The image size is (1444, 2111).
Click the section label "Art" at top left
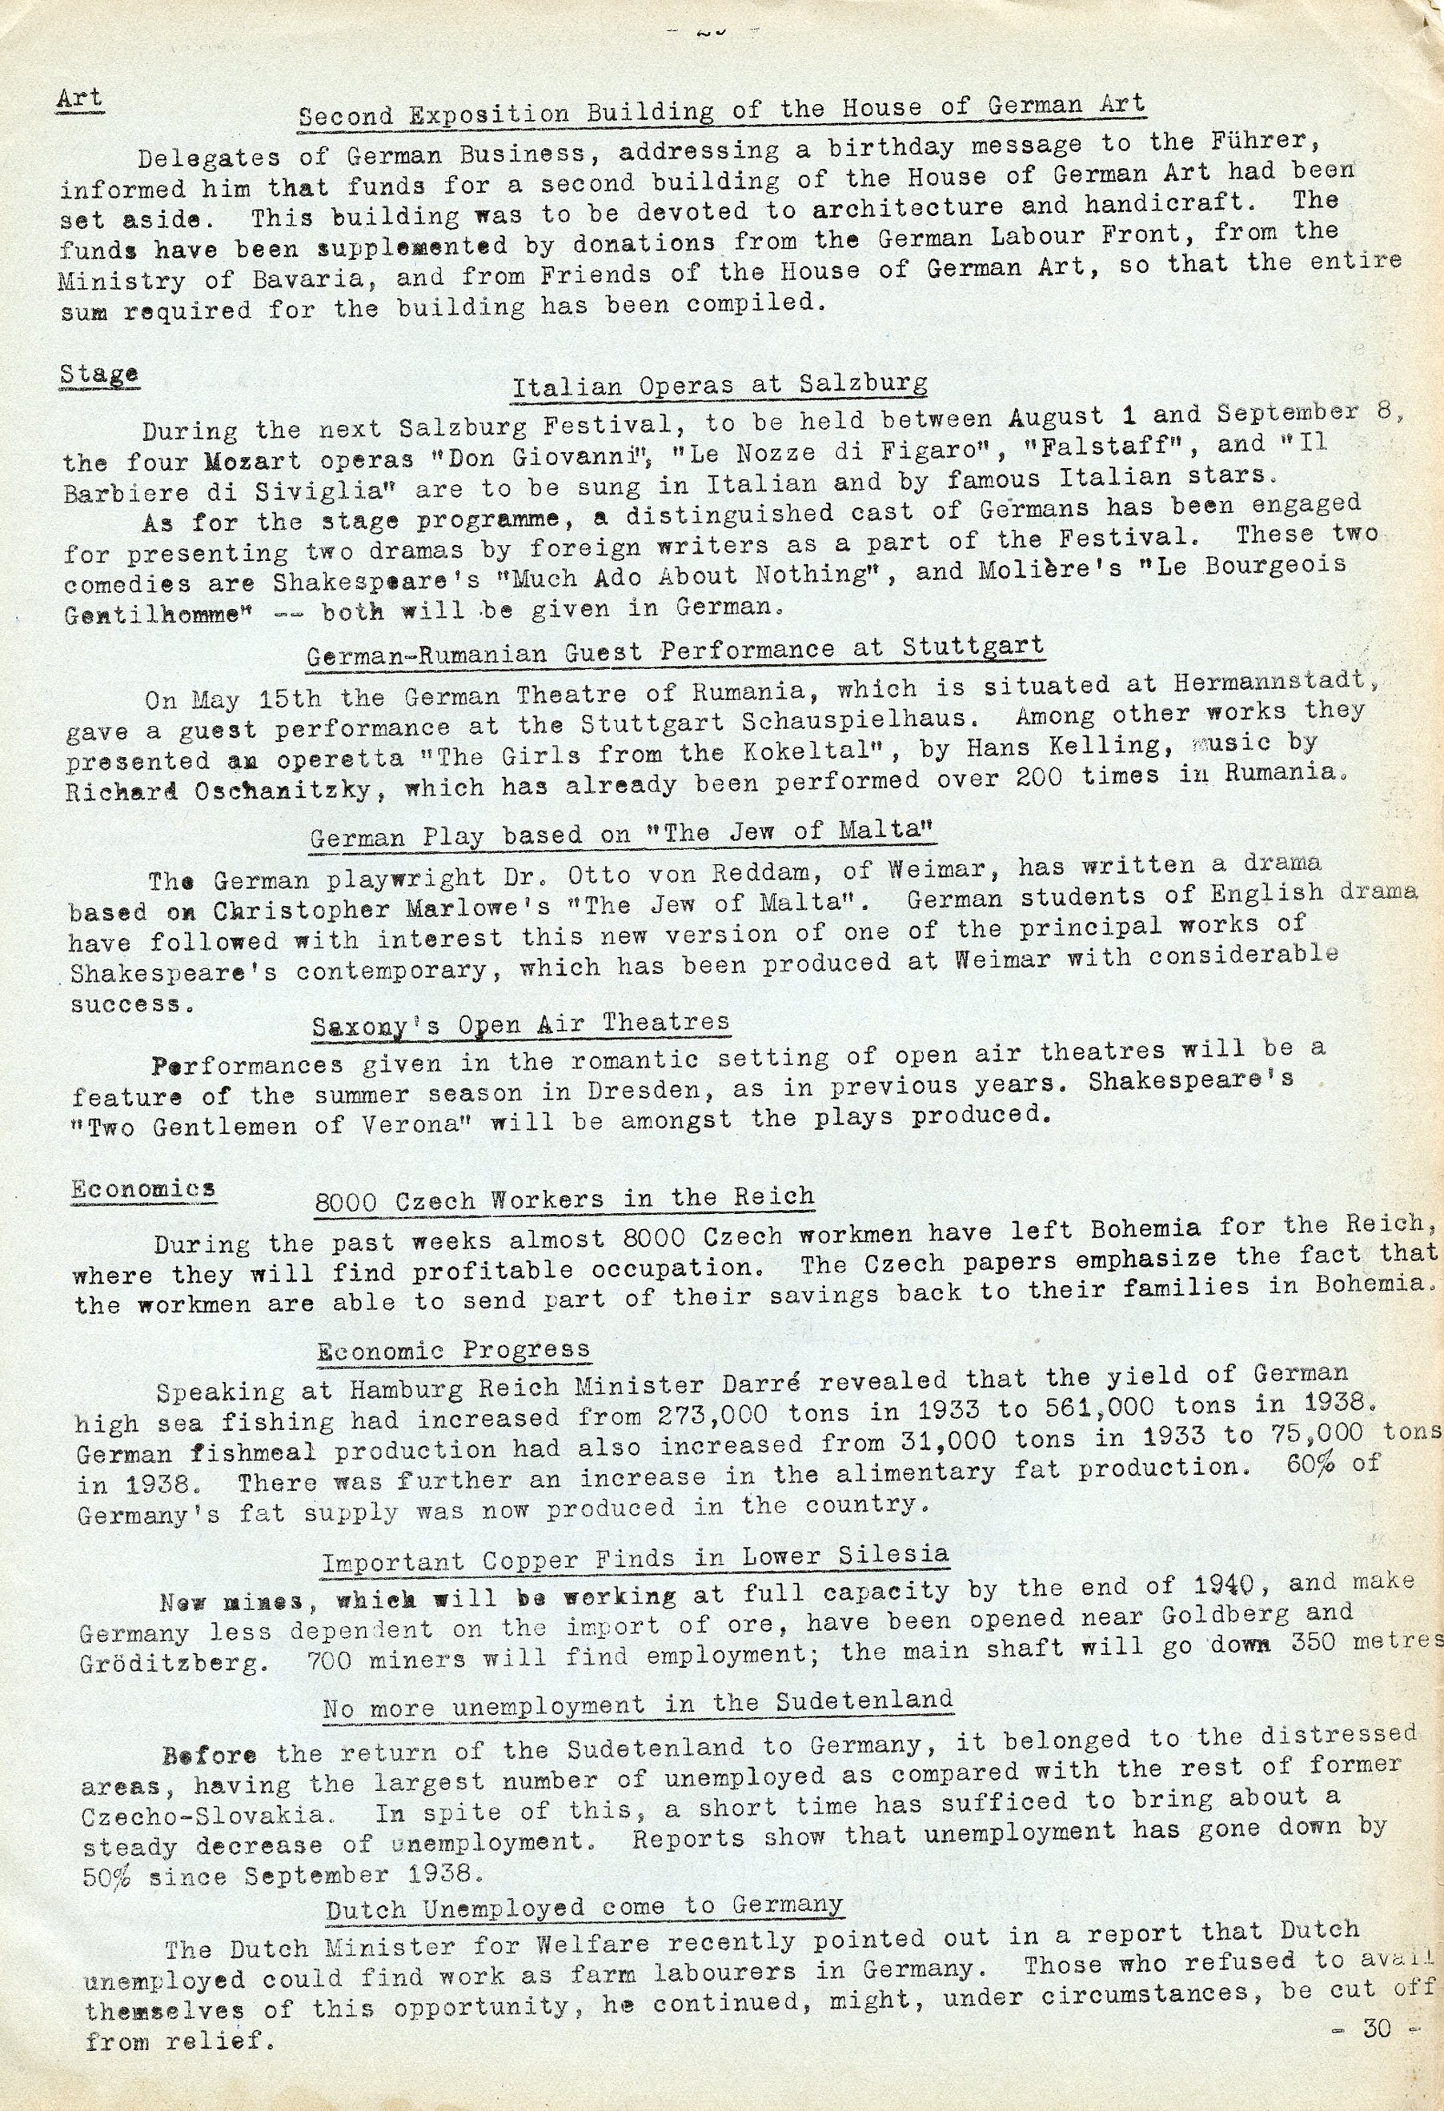tap(80, 98)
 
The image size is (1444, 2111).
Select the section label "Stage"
tap(99, 375)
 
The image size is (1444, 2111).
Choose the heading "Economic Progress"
tap(454, 1351)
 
